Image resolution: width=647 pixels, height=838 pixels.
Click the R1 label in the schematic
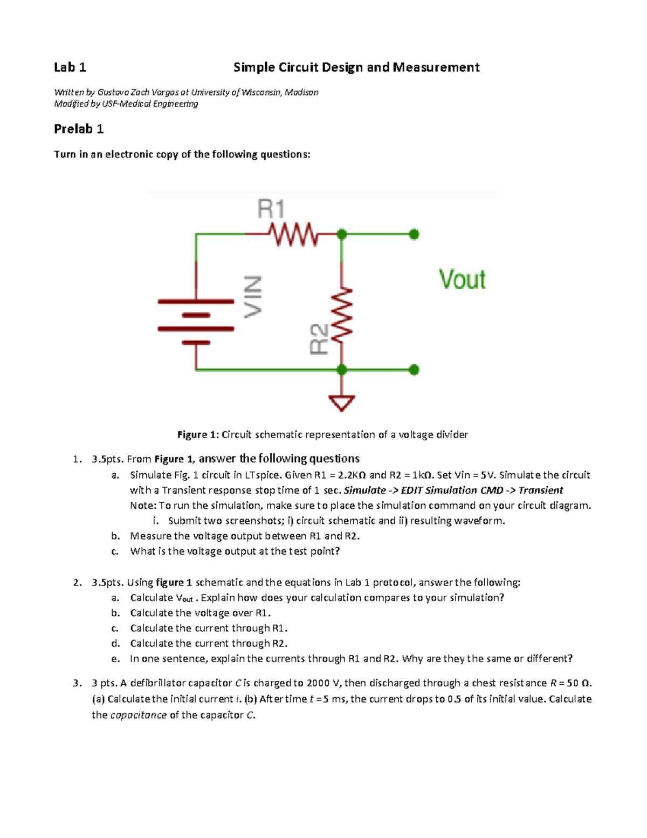(x=271, y=209)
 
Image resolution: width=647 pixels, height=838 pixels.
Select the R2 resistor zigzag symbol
(x=342, y=315)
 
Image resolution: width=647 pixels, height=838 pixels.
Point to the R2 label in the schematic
(x=319, y=339)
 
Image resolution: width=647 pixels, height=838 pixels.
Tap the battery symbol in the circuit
(x=196, y=322)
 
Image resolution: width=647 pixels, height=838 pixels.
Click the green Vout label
(x=462, y=280)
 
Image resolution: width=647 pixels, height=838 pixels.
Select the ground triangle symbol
(x=342, y=403)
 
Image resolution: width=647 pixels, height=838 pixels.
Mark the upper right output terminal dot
(x=414, y=234)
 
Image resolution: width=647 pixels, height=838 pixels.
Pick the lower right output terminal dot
(x=414, y=370)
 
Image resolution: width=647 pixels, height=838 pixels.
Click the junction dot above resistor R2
(x=342, y=234)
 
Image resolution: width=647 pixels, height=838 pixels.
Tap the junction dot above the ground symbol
(x=342, y=370)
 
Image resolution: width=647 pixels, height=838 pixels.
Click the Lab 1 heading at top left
(x=70, y=67)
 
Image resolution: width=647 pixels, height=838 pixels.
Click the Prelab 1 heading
(x=79, y=129)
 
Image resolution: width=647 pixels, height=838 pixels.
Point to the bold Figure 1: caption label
(x=198, y=435)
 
